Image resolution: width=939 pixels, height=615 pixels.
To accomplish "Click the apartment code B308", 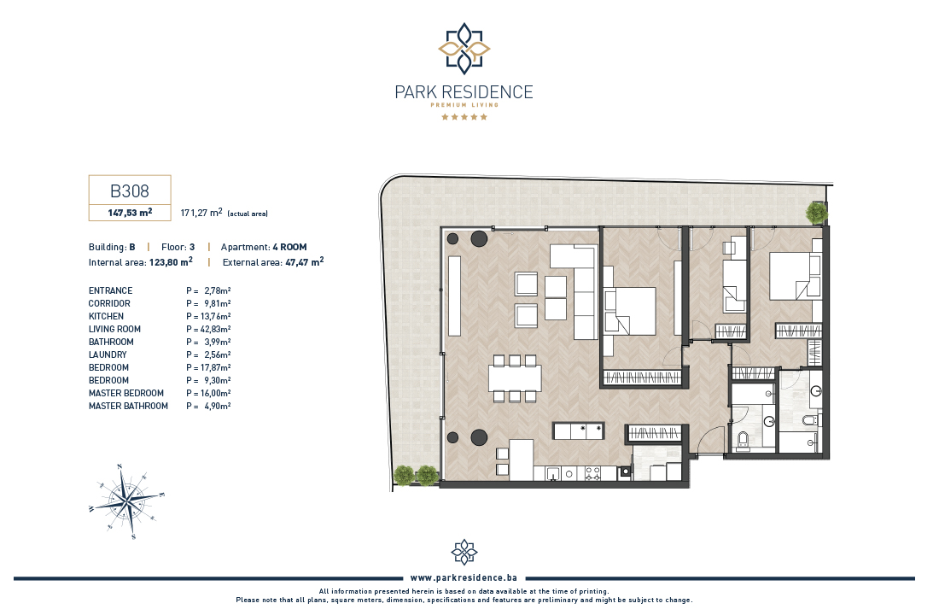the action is (130, 190).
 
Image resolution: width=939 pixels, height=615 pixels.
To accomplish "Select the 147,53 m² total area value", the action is (130, 212).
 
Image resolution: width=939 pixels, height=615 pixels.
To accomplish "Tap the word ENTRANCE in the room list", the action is (111, 290).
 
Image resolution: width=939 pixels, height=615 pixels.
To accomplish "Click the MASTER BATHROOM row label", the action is (128, 406).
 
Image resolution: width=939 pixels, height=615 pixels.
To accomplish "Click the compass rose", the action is (126, 501).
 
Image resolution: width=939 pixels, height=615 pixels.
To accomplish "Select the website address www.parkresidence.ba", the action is (464, 577).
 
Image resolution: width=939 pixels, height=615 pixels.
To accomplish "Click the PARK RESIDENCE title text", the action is (464, 92).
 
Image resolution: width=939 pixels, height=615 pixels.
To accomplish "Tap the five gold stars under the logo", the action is (464, 117).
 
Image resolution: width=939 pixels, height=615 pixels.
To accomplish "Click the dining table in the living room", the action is (515, 378).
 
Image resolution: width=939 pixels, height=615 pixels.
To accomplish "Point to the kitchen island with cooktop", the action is (579, 431).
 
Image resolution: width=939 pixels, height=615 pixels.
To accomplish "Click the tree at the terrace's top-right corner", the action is (816, 212).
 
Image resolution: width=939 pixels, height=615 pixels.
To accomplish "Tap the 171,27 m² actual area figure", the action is (201, 212).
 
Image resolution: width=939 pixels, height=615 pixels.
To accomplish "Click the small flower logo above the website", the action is (464, 552).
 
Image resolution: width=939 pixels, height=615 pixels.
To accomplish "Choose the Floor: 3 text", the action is (178, 247).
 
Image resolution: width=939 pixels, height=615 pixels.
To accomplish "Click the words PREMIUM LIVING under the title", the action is (464, 105).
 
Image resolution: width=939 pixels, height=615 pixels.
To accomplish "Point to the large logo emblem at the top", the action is (464, 48).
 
